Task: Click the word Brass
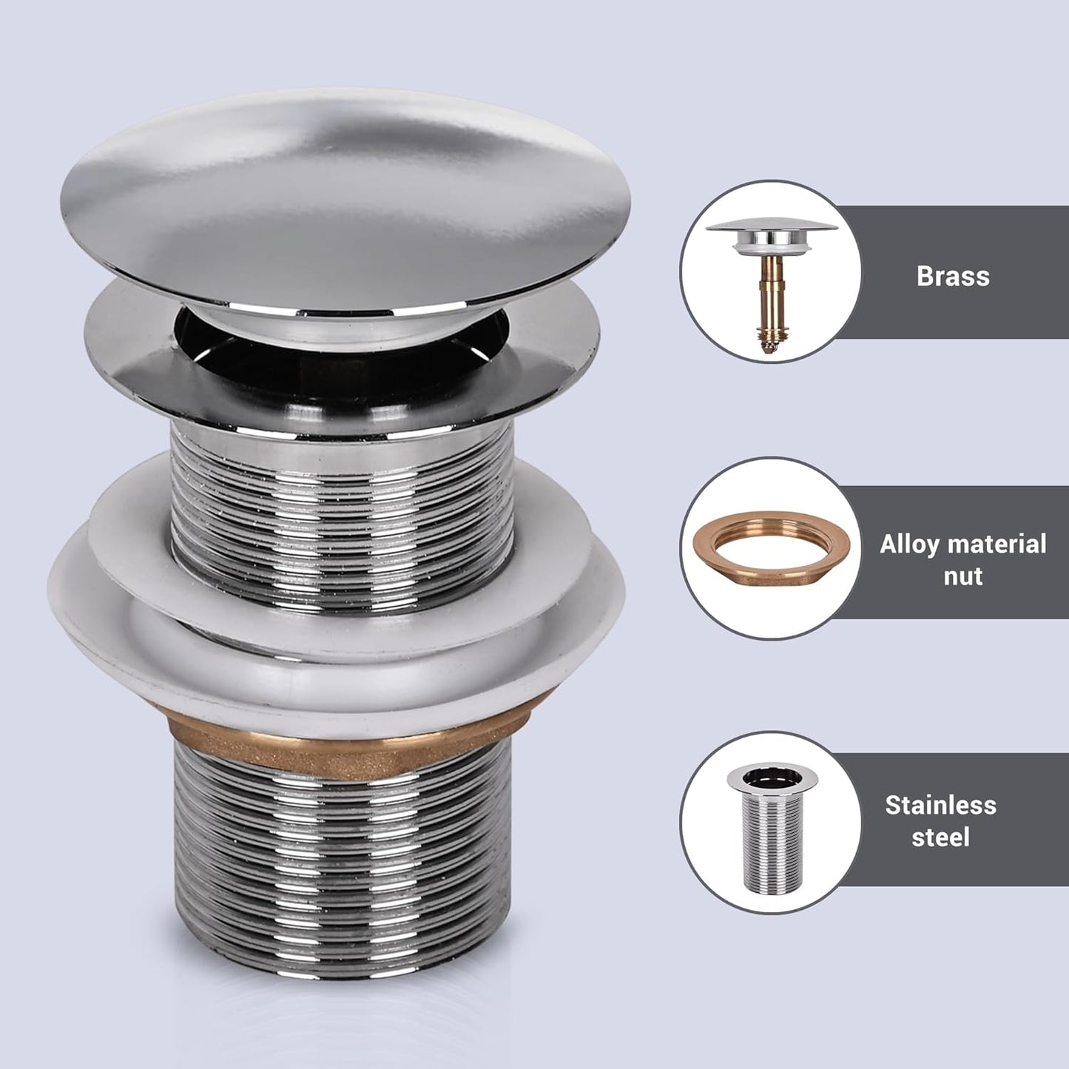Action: pos(952,276)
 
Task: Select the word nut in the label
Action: pos(962,576)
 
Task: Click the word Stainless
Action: pos(940,805)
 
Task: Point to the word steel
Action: pos(940,837)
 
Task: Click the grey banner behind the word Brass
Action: pos(1021,237)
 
